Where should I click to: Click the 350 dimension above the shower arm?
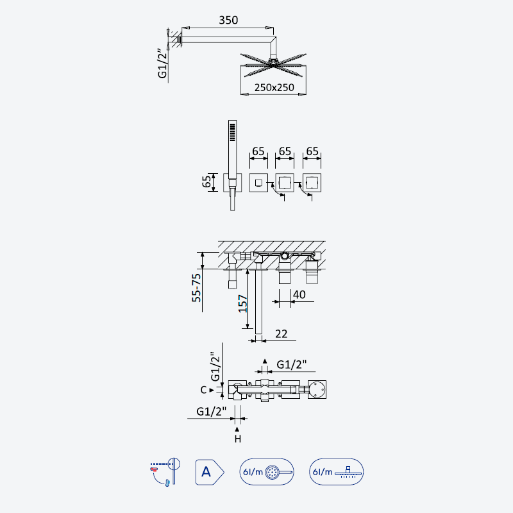(x=228, y=21)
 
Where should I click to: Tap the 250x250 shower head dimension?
(x=274, y=88)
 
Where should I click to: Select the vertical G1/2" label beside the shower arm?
(x=163, y=63)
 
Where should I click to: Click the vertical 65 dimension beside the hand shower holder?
(x=206, y=182)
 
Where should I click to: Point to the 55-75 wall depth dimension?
(x=196, y=288)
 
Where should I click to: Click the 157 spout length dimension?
(x=243, y=303)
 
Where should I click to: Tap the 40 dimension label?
(x=299, y=294)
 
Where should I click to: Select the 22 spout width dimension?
(x=281, y=334)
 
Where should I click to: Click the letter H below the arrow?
(x=237, y=439)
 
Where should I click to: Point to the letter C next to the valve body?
(x=203, y=390)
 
